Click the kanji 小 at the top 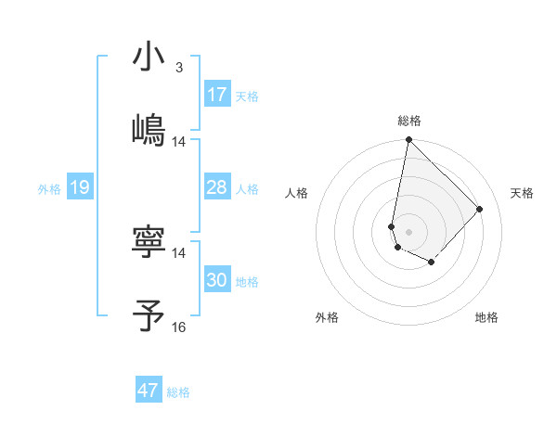point(149,57)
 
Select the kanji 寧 point(149,242)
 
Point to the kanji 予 point(149,314)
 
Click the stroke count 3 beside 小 point(179,68)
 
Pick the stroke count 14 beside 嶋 point(179,142)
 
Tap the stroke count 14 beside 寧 point(179,252)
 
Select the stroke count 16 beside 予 point(179,327)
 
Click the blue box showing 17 point(217,95)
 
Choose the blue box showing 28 point(217,187)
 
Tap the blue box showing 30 point(217,280)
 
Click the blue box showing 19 point(80,188)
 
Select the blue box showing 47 point(149,391)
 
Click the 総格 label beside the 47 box point(178,392)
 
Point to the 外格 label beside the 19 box point(49,189)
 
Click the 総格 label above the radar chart point(409,121)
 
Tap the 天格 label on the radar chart point(522,193)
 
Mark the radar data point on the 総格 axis point(408,140)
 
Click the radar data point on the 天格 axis point(480,209)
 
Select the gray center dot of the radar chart point(408,231)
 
